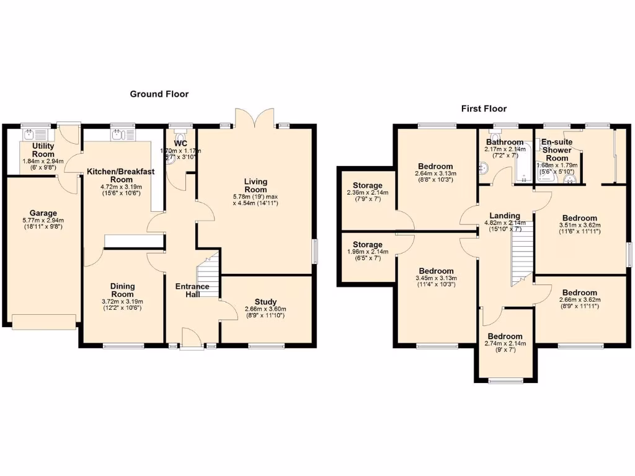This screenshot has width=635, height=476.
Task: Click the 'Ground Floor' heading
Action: click(159, 94)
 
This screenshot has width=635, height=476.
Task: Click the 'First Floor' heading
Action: click(484, 108)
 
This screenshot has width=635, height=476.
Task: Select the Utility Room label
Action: click(43, 150)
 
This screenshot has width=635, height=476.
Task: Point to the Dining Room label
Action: click(122, 290)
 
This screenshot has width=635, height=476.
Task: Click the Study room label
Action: click(265, 302)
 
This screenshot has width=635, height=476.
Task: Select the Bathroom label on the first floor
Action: click(504, 143)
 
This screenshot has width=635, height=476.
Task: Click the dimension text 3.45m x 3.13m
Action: click(436, 279)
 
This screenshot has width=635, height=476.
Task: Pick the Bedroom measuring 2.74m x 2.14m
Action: click(505, 338)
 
